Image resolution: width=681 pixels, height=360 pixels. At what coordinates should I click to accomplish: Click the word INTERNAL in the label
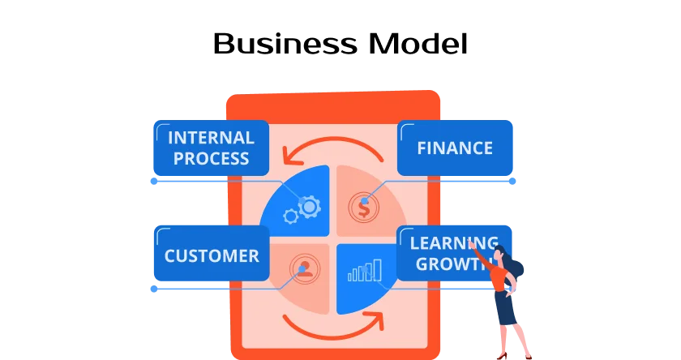point(210,138)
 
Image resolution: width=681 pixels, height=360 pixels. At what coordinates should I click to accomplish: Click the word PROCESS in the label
point(210,158)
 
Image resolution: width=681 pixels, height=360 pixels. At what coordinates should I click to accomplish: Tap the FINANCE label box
point(455,148)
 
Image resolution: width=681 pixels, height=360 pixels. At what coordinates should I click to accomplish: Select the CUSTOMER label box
point(211,255)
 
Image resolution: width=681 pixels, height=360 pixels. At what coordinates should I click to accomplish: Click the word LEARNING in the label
point(453,242)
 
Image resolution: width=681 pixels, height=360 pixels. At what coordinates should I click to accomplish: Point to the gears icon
point(302,210)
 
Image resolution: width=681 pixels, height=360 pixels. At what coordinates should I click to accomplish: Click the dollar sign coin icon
point(364,208)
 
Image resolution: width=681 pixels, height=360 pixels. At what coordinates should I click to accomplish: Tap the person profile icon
point(304,268)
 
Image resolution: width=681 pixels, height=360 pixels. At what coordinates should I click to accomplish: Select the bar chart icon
point(365,270)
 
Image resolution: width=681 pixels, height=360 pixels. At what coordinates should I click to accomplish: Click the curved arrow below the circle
point(332,328)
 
